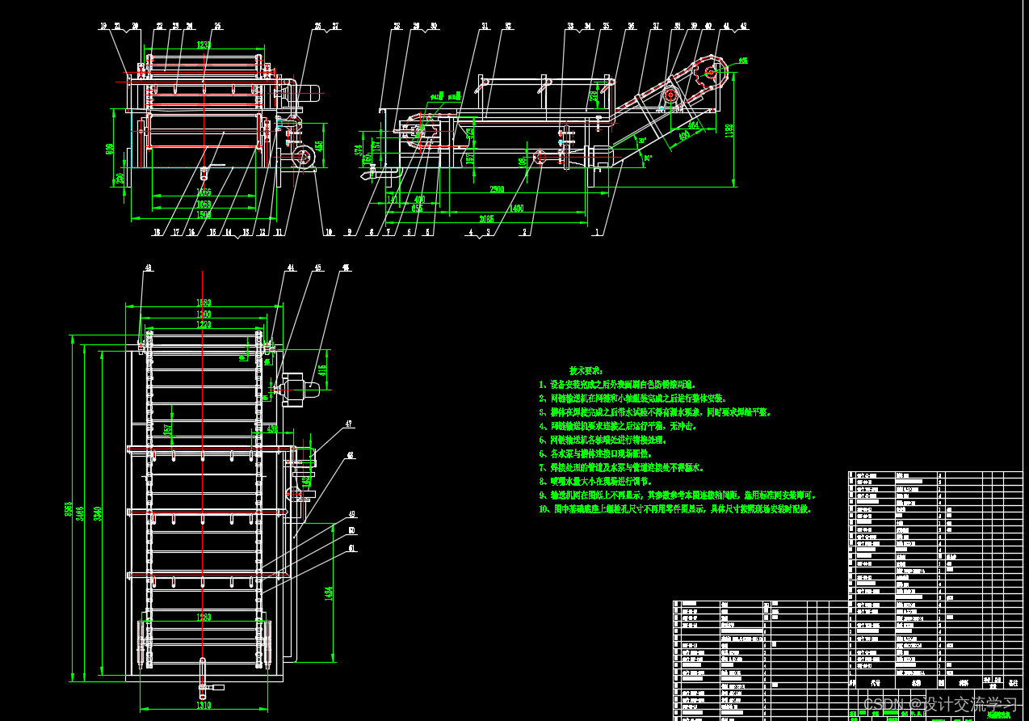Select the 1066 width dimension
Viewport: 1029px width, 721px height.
(x=204, y=192)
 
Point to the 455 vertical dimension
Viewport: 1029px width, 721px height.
(x=318, y=146)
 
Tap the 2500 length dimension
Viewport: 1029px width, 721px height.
(x=496, y=189)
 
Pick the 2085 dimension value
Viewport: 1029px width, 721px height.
(x=487, y=218)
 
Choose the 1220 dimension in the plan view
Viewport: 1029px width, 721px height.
(x=204, y=324)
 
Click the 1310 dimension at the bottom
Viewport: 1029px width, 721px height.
(x=204, y=706)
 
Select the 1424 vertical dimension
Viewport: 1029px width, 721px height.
(x=329, y=592)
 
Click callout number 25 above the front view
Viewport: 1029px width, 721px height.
(x=217, y=26)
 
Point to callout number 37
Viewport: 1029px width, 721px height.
(x=656, y=26)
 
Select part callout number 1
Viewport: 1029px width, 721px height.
(x=597, y=232)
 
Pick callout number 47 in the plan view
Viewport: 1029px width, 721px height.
(x=349, y=424)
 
